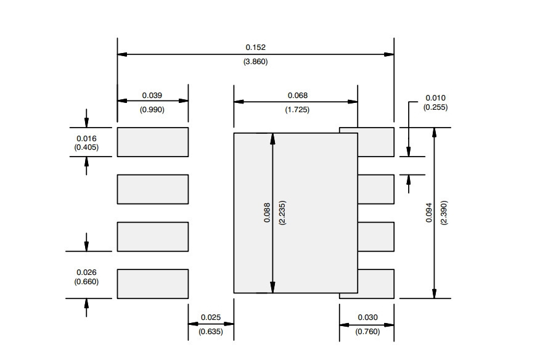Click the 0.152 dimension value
click(x=256, y=47)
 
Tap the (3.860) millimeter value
click(x=256, y=62)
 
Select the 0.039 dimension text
click(x=152, y=95)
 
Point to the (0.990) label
click(x=152, y=110)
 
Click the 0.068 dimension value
click(x=298, y=95)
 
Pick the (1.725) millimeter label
click(x=297, y=110)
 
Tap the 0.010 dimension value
click(x=435, y=98)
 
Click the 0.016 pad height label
click(x=86, y=139)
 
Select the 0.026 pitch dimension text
click(x=86, y=272)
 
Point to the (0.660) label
click(x=86, y=282)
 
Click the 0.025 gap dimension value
click(x=211, y=317)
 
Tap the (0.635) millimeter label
click(x=211, y=332)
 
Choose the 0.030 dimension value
click(x=368, y=317)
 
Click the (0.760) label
click(x=368, y=332)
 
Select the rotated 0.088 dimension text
click(x=268, y=213)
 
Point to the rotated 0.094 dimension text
click(x=429, y=213)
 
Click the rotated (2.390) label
click(x=444, y=213)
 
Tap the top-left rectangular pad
click(x=153, y=142)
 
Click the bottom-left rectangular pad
click(x=153, y=284)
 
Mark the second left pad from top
click(x=153, y=189)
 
